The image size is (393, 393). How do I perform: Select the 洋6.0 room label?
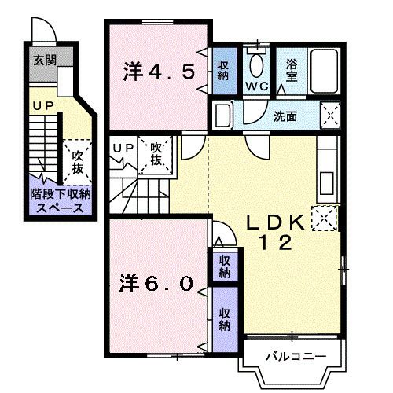point(156,282)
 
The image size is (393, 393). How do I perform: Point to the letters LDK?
point(272,222)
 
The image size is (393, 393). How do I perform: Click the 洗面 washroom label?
point(285,116)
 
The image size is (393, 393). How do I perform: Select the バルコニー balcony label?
point(295,357)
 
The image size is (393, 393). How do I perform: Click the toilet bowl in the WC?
point(256,64)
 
